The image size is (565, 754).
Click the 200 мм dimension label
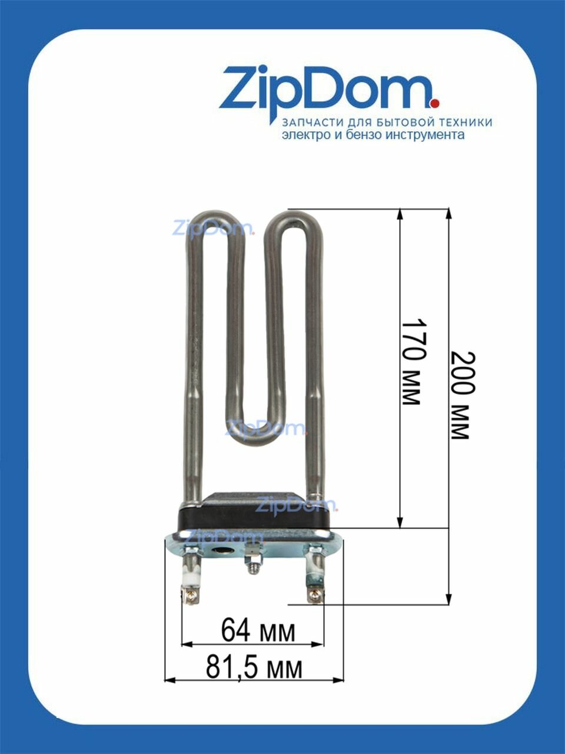pyautogui.click(x=463, y=395)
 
